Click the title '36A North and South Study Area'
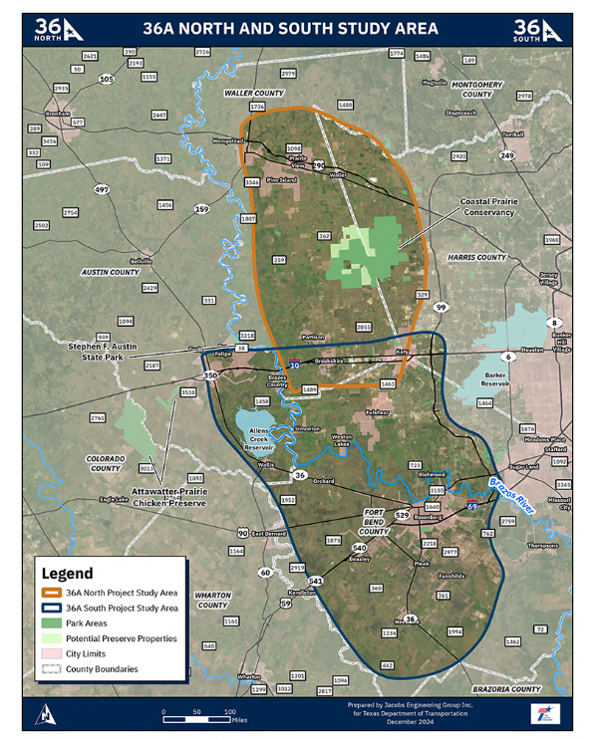click(299, 30)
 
